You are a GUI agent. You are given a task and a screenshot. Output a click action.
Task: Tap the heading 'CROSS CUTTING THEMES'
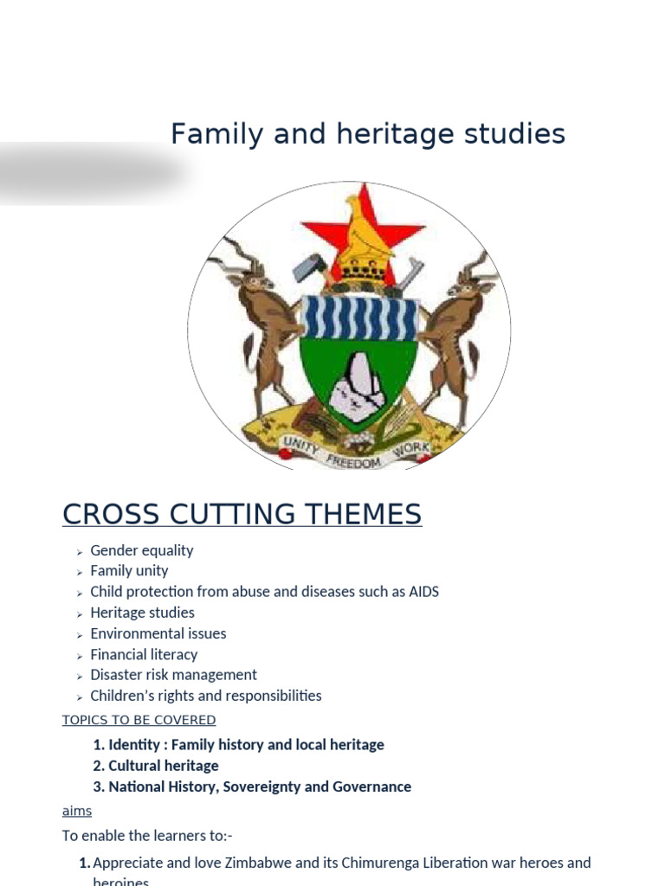[x=242, y=514]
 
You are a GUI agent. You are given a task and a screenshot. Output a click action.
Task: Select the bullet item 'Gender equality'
[x=142, y=550]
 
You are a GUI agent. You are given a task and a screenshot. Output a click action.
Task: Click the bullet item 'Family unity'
[x=129, y=571]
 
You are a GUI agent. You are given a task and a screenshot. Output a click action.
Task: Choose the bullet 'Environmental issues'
[x=158, y=633]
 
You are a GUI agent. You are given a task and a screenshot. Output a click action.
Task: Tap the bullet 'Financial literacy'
[x=144, y=654]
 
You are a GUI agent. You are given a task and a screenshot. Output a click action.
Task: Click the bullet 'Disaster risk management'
[x=173, y=675]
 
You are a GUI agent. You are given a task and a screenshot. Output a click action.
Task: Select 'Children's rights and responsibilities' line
[x=205, y=696]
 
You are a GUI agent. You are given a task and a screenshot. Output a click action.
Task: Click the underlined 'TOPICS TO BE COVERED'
[x=139, y=720]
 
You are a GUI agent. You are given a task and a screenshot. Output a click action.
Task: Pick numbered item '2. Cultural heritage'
[x=156, y=766]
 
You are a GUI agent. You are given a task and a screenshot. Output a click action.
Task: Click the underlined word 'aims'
[x=76, y=811]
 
